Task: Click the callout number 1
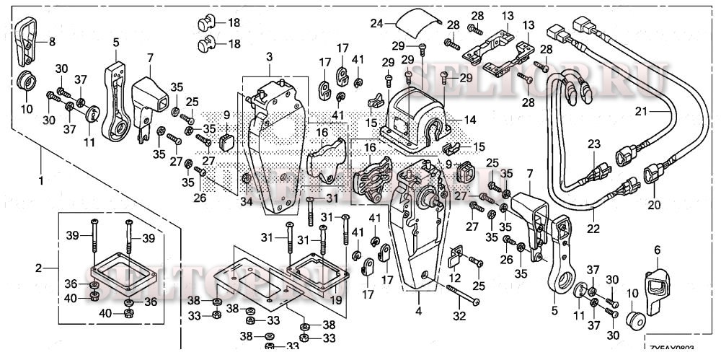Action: coord(41,179)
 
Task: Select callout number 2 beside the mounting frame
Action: coord(39,268)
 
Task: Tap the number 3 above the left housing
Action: coord(268,56)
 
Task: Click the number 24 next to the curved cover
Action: coord(375,24)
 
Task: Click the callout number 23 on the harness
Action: coord(593,144)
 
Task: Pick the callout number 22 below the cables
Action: coord(593,214)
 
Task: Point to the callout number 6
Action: coord(657,250)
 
